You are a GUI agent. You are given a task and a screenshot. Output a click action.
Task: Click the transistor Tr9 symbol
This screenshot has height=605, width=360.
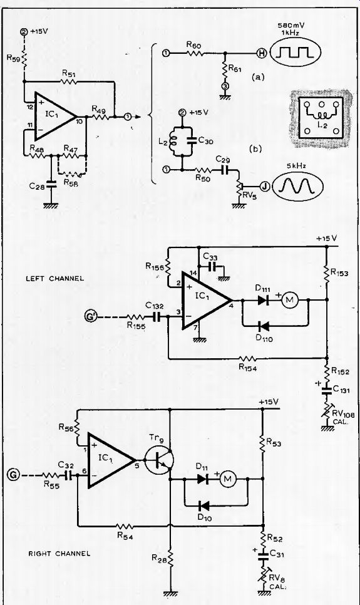(x=160, y=460)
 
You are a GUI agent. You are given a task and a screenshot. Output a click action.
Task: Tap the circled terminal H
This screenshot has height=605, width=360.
(x=262, y=53)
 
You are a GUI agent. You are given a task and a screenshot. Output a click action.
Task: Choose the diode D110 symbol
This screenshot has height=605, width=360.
(x=264, y=326)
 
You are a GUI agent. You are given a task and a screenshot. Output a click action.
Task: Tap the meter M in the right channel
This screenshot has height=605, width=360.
(x=228, y=479)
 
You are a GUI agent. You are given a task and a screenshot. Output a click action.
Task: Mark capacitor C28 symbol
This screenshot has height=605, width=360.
(x=51, y=184)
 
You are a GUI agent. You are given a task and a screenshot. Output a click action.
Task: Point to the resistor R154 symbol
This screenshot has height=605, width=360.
(x=248, y=358)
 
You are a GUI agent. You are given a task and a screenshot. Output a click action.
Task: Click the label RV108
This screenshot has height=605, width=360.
(x=341, y=415)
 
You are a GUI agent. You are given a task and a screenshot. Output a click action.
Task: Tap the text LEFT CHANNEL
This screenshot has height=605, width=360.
(x=55, y=278)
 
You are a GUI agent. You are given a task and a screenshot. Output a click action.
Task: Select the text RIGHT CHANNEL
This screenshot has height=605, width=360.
(x=59, y=553)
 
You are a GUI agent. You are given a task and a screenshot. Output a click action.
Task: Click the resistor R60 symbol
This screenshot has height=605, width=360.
(x=195, y=53)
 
